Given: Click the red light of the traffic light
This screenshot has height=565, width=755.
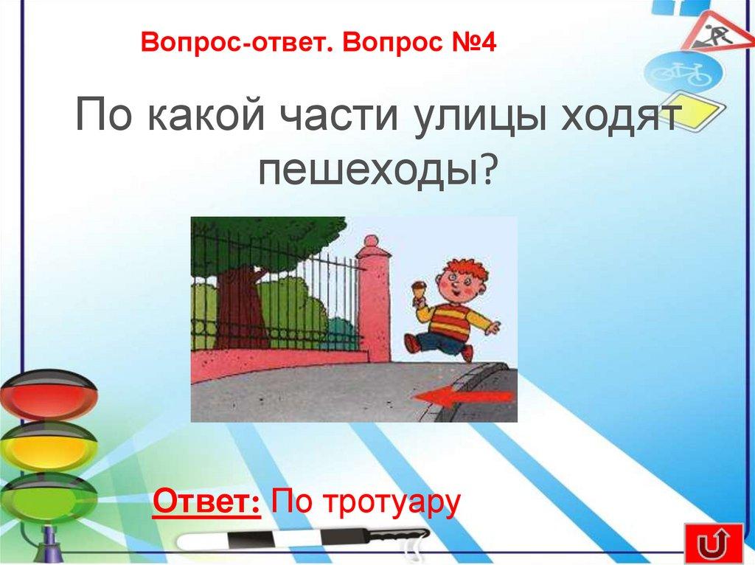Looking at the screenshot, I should pos(49,395).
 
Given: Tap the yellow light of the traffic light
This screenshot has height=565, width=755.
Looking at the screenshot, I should pos(49,446).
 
